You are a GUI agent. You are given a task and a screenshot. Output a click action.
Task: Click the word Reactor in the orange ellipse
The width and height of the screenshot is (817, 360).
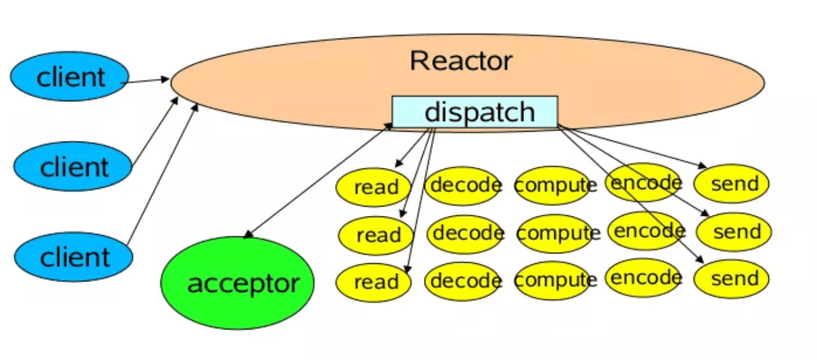461,61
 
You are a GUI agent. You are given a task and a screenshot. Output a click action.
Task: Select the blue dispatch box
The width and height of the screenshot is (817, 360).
475,112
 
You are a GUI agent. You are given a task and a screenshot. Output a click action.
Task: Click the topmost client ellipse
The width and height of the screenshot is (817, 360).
70,77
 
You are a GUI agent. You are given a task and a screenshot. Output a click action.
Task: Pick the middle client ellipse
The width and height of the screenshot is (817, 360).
73,167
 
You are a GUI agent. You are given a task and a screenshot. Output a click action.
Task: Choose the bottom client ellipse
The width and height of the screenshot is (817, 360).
74,257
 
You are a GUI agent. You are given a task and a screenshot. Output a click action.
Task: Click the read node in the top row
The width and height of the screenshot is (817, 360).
374,187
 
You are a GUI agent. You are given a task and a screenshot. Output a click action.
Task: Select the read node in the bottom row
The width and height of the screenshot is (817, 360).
374,282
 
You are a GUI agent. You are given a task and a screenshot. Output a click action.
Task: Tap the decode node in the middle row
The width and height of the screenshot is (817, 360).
466,234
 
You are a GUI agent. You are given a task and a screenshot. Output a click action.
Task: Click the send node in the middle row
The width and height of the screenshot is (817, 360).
734,232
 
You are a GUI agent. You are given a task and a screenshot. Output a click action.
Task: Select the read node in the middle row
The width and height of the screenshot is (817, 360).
376,235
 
